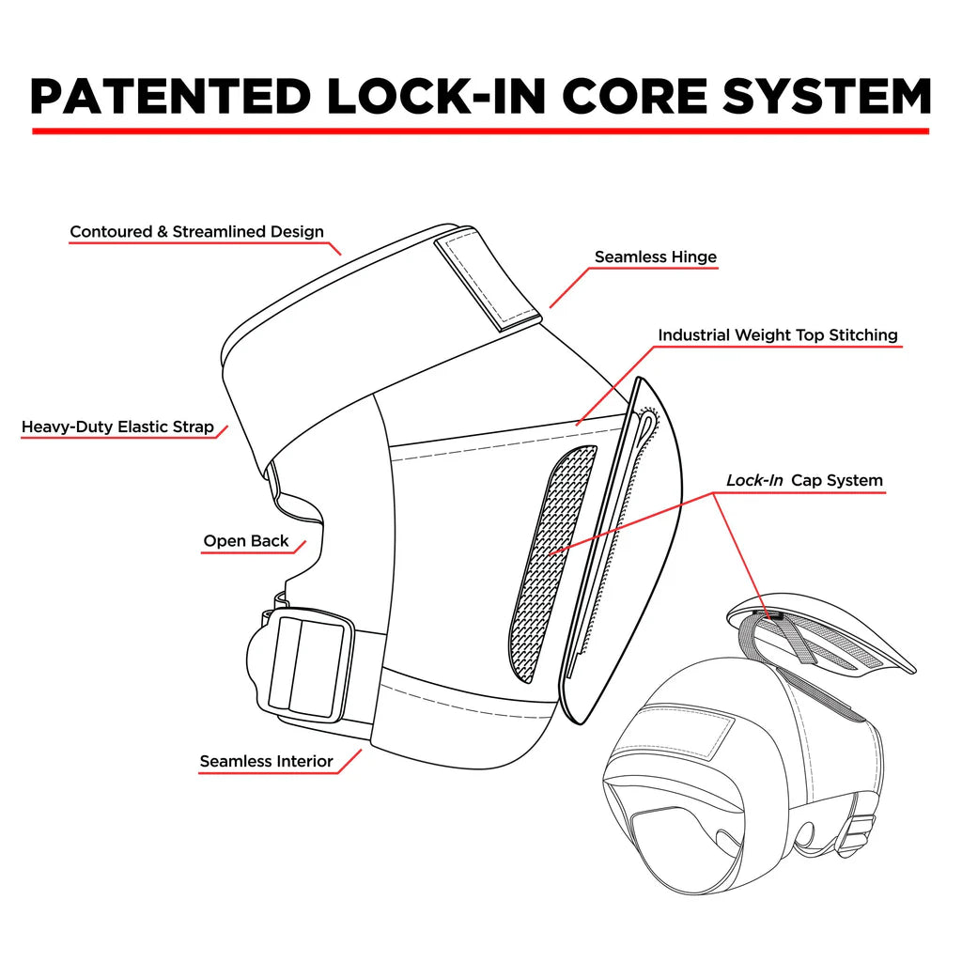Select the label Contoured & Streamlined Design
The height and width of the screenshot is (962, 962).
196,231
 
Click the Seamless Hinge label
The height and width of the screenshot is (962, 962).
655,256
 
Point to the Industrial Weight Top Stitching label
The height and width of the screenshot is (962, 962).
777,334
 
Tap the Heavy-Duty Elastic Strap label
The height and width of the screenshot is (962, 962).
117,427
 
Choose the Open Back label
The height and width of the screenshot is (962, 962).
245,541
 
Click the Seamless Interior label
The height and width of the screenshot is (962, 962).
266,761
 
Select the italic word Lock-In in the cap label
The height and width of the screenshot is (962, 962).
754,480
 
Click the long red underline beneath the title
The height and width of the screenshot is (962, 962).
480,131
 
